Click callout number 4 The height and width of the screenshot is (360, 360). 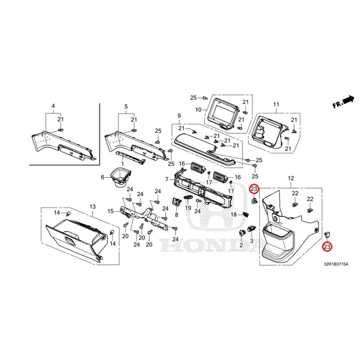(53, 106)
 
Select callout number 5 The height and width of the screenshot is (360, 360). (126, 106)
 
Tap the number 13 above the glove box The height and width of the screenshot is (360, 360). (93, 206)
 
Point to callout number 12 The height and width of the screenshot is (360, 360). (291, 179)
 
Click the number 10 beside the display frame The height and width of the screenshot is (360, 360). (198, 109)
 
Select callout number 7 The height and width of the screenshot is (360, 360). (166, 180)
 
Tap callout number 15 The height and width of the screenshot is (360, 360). (110, 211)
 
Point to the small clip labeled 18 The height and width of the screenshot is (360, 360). (246, 214)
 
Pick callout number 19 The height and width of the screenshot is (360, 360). (188, 207)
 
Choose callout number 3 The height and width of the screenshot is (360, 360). (252, 241)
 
